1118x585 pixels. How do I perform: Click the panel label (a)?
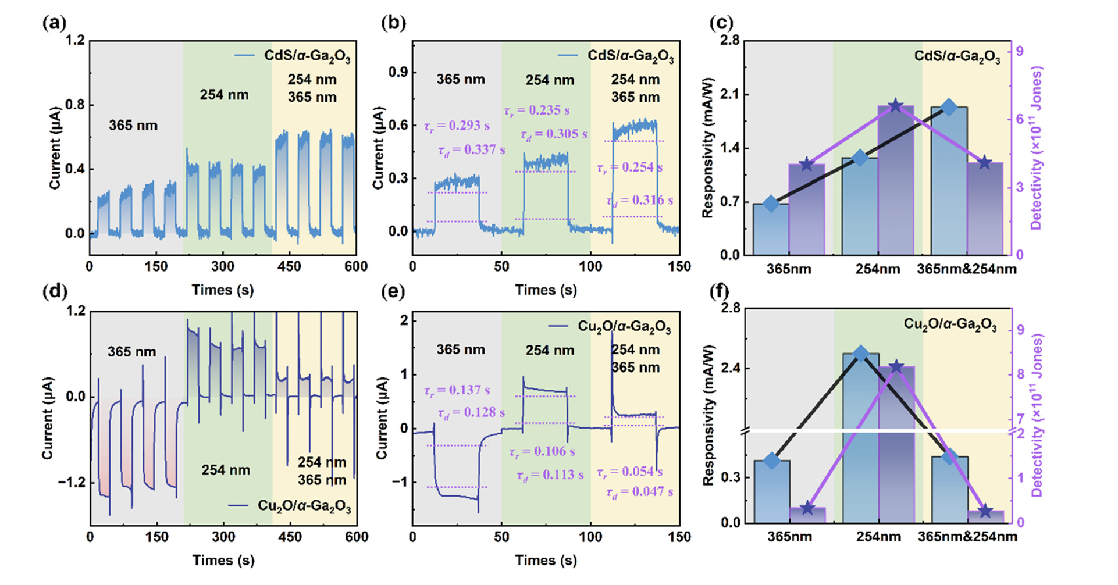[54, 23]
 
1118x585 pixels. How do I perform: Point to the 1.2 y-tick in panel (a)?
[75, 41]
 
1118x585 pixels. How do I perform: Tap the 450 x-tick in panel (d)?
[290, 537]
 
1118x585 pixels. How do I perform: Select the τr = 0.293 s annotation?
[457, 126]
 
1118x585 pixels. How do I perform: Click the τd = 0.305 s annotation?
[554, 134]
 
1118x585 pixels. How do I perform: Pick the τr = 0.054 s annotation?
[629, 472]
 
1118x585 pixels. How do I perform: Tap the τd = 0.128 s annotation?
[471, 412]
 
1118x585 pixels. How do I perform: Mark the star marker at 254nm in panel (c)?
[896, 106]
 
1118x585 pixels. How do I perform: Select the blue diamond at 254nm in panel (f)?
[861, 354]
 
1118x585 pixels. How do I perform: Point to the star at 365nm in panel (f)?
[807, 509]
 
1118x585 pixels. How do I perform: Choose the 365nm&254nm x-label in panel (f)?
[967, 536]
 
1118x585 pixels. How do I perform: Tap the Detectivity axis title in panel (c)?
[1036, 148]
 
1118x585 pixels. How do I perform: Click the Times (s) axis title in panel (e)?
[546, 560]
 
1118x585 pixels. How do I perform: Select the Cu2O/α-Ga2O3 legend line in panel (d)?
[238, 505]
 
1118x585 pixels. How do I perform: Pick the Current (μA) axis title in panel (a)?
[55, 148]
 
